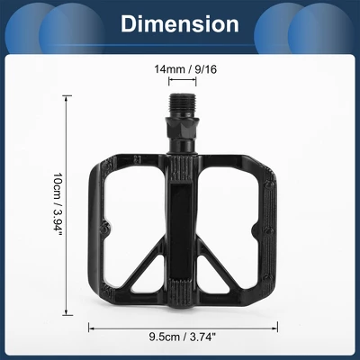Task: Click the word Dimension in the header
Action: coord(180,23)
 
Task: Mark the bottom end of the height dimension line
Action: coord(68,314)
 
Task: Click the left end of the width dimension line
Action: coord(88,326)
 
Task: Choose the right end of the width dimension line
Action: coord(274,326)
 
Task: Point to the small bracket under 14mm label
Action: coord(181,79)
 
